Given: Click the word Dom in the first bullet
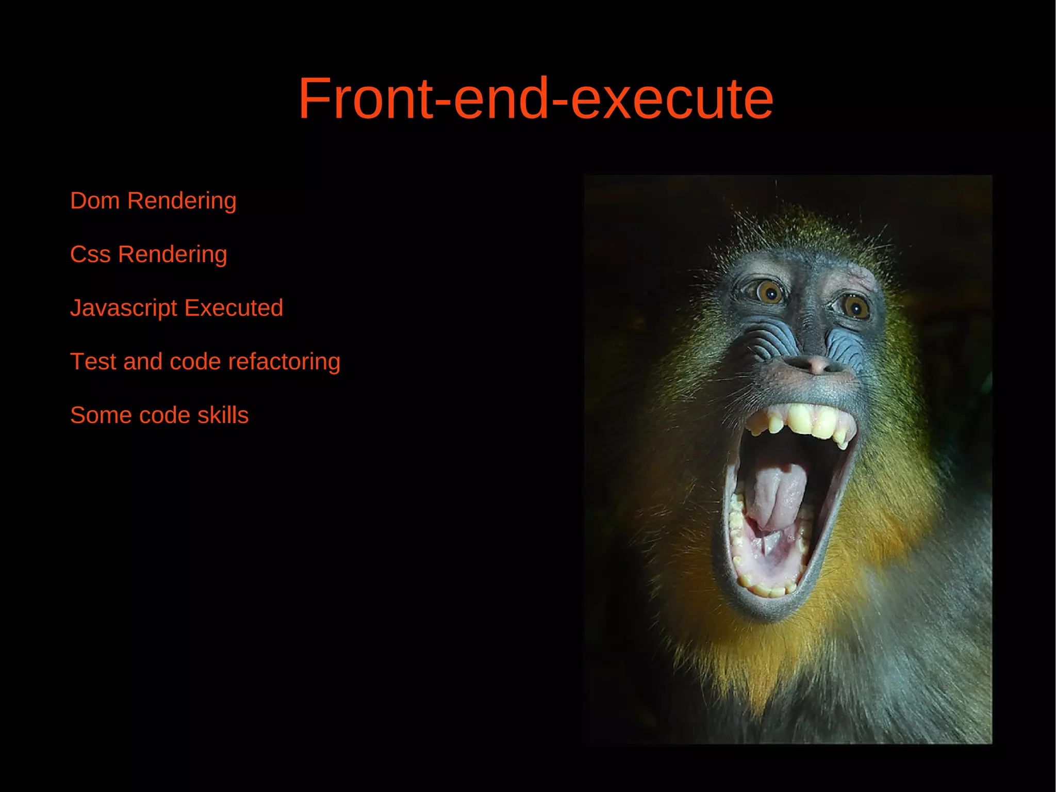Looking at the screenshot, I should point(94,201).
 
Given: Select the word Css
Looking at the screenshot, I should point(90,254).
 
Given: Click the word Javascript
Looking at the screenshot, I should point(124,309).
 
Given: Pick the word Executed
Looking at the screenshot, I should point(234,308).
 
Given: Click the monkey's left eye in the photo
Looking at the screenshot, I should point(770,292).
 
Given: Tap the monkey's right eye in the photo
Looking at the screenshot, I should point(855,308).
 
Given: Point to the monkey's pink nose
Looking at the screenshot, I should point(817,364).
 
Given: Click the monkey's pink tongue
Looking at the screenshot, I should point(776,495).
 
